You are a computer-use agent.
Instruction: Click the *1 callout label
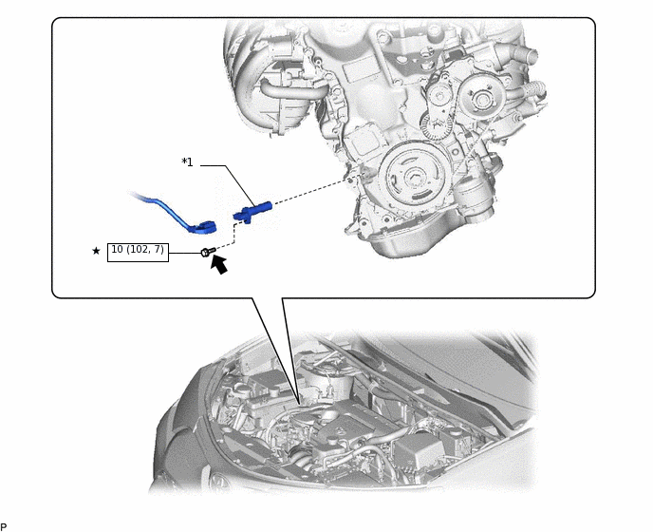pyautogui.click(x=187, y=162)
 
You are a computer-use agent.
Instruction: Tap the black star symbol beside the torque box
pyautogui.click(x=96, y=251)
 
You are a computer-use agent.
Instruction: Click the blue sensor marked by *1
pyautogui.click(x=252, y=208)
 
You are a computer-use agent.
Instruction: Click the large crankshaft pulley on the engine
pyautogui.click(x=413, y=180)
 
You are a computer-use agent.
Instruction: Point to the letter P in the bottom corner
pyautogui.click(x=4, y=526)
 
